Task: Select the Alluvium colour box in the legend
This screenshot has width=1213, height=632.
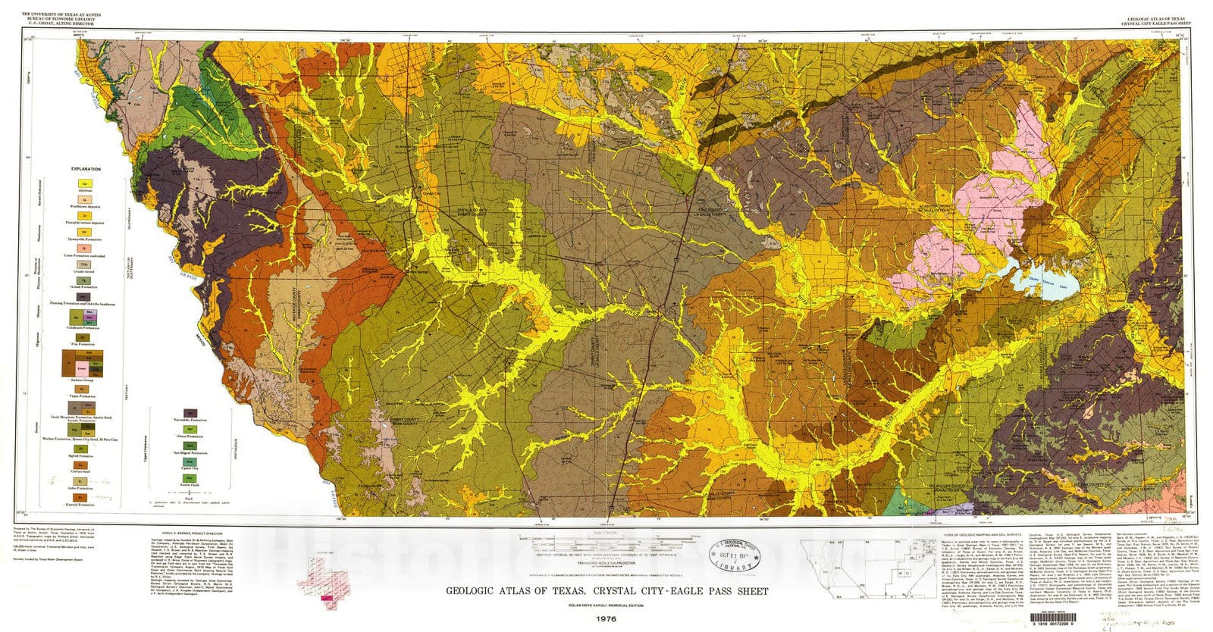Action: [84, 183]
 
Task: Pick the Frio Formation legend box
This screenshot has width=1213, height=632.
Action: [83, 336]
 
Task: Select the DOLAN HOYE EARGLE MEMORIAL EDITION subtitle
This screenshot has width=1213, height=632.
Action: [606, 605]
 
